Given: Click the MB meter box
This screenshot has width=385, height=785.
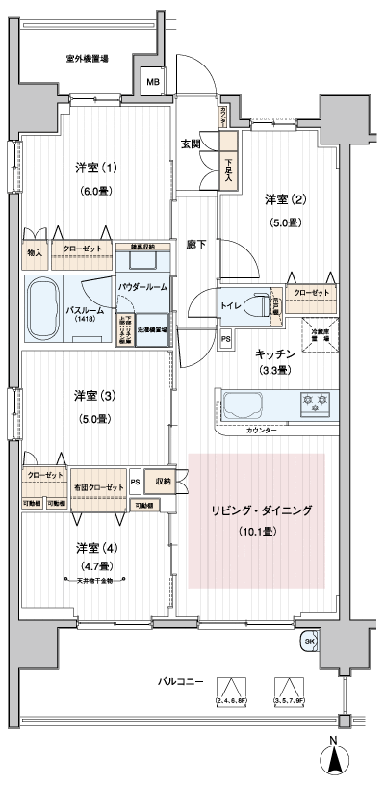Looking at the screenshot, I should pos(152,83).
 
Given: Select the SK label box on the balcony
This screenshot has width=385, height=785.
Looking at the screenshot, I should pos(309,641).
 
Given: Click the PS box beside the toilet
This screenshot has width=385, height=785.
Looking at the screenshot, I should pos(225,338).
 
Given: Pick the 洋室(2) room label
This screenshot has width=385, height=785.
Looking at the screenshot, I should pos(286,200).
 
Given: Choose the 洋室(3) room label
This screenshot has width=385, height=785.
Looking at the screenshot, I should pos(96,396).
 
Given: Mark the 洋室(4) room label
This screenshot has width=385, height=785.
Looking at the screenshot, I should pos(96,548).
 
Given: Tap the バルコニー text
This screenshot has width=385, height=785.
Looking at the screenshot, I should pos(181,681).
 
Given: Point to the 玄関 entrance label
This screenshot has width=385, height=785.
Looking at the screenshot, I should pos(190,144).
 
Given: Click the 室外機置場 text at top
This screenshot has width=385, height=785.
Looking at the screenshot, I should pos(87,59).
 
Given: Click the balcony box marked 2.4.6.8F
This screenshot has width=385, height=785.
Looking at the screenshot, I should pos(230,691).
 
